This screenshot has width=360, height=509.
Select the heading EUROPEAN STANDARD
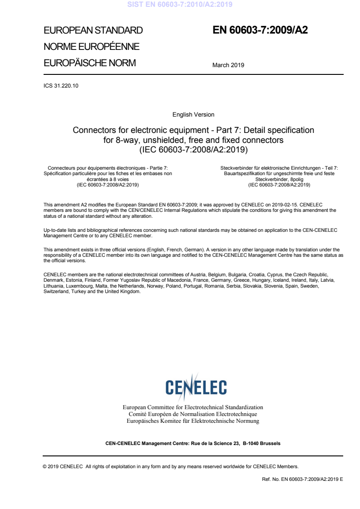[93, 30]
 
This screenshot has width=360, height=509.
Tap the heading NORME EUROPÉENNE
[91, 47]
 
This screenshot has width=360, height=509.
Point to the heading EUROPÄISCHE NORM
[89, 63]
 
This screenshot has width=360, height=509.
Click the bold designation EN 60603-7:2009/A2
[260, 30]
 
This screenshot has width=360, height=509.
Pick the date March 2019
[228, 65]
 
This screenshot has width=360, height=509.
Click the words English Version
[193, 115]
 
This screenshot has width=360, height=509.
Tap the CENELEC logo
[196, 386]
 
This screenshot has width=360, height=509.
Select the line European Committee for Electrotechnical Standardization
[193, 407]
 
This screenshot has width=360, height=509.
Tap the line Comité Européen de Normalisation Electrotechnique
[193, 414]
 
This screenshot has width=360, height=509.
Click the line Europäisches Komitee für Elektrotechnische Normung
[193, 421]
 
